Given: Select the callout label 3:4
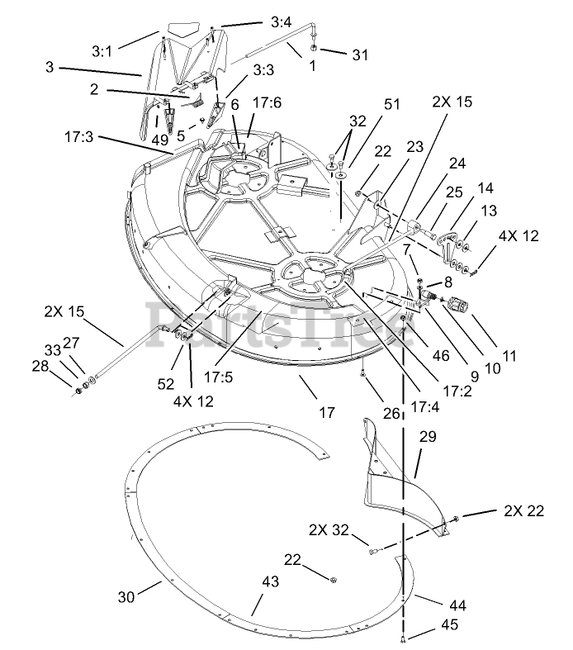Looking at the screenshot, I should tap(279, 22).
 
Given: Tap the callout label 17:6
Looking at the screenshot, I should tap(267, 103).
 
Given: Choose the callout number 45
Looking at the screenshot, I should tap(449, 625).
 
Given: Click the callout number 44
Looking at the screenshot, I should tap(457, 605).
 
